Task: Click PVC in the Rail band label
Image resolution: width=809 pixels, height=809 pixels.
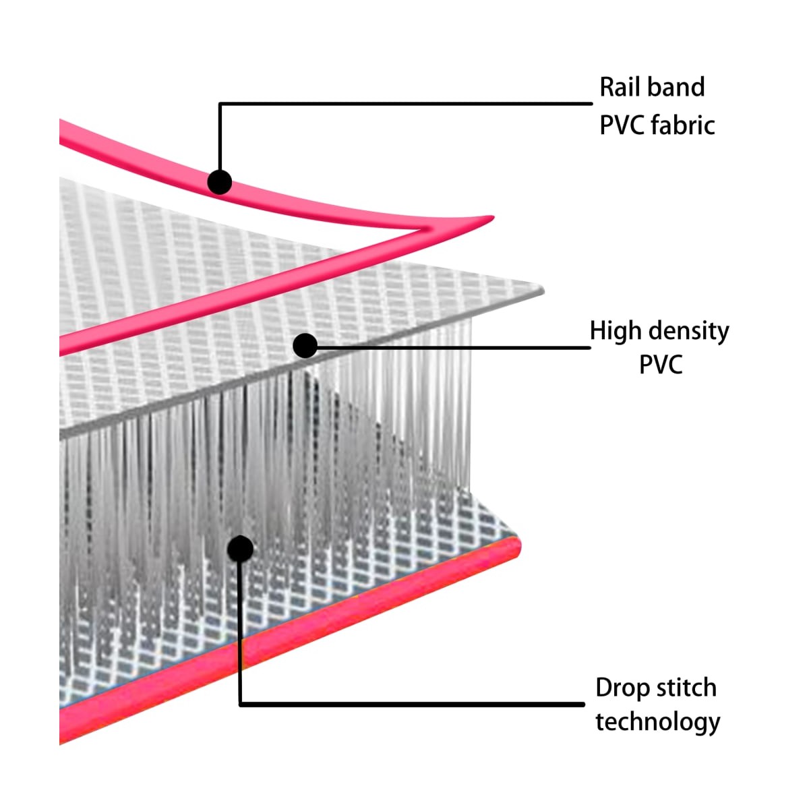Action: (622, 125)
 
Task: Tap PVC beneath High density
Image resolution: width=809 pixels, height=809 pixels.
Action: (661, 364)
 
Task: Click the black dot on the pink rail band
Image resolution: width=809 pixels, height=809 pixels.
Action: (220, 182)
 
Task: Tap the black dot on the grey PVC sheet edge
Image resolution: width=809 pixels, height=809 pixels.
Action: (305, 346)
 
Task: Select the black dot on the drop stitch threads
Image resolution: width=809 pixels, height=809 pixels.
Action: (240, 549)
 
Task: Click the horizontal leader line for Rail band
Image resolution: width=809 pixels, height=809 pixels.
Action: (406, 104)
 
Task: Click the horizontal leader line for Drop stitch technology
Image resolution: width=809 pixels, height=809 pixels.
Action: (412, 704)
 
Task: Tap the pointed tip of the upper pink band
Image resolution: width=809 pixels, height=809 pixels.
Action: (493, 217)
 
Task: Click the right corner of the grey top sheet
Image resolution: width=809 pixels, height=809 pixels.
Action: (543, 290)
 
